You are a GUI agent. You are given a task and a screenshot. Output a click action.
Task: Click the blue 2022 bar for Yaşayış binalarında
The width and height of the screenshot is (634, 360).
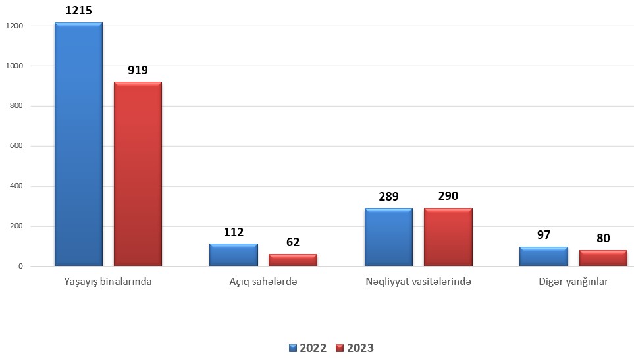click(x=78, y=144)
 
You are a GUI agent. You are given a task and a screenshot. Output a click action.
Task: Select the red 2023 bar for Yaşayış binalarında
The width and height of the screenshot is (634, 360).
click(x=138, y=174)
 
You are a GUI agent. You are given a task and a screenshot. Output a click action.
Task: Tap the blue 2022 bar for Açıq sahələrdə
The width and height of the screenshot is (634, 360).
click(x=234, y=255)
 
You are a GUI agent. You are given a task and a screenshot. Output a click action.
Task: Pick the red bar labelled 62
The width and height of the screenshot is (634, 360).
click(x=293, y=260)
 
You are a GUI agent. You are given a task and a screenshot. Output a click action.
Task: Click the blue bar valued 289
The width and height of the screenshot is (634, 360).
click(x=388, y=237)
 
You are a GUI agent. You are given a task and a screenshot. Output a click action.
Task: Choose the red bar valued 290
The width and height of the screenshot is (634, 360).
click(x=448, y=237)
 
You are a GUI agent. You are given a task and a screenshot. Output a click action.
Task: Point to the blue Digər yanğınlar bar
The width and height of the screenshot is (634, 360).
click(x=544, y=256)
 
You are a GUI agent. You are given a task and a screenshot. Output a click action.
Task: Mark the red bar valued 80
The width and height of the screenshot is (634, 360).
click(x=603, y=258)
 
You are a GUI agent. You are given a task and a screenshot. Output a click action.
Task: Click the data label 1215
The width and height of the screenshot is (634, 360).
click(x=78, y=11)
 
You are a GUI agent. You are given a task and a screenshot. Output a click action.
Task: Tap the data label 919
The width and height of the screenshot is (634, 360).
click(x=138, y=70)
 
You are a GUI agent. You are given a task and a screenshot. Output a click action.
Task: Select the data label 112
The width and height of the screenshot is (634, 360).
click(x=234, y=232)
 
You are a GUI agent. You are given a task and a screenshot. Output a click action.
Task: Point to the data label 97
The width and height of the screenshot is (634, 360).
click(x=544, y=235)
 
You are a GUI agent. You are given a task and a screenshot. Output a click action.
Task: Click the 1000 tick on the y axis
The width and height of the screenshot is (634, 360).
click(x=14, y=66)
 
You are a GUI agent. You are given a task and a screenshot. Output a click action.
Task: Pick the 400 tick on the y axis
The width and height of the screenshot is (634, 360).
click(x=16, y=186)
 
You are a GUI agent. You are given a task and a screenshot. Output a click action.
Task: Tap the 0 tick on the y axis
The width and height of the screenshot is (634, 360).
click(x=20, y=267)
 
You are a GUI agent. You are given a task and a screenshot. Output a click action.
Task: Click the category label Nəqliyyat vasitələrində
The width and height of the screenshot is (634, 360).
click(x=419, y=282)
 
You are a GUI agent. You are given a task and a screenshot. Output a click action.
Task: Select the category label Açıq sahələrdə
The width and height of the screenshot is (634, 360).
click(x=263, y=282)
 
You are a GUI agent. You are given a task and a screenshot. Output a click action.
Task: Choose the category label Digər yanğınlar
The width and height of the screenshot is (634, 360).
click(x=573, y=282)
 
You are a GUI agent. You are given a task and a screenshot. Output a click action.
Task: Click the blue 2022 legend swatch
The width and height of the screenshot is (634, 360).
click(x=293, y=348)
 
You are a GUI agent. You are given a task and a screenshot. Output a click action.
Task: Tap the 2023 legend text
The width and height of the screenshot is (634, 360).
click(x=360, y=348)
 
